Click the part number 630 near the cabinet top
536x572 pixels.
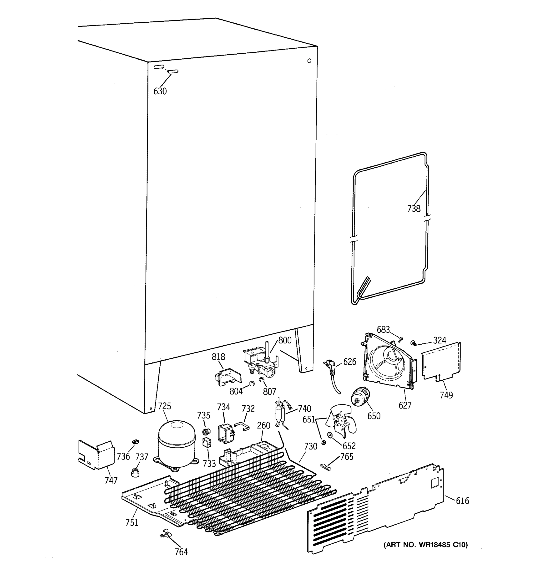[160, 91]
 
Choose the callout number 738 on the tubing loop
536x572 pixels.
[414, 209]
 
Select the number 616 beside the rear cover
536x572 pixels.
[462, 501]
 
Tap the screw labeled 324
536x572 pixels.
[414, 343]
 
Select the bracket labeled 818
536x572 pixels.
[228, 377]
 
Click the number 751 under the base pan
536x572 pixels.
[132, 522]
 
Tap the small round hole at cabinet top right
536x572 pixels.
[309, 61]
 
